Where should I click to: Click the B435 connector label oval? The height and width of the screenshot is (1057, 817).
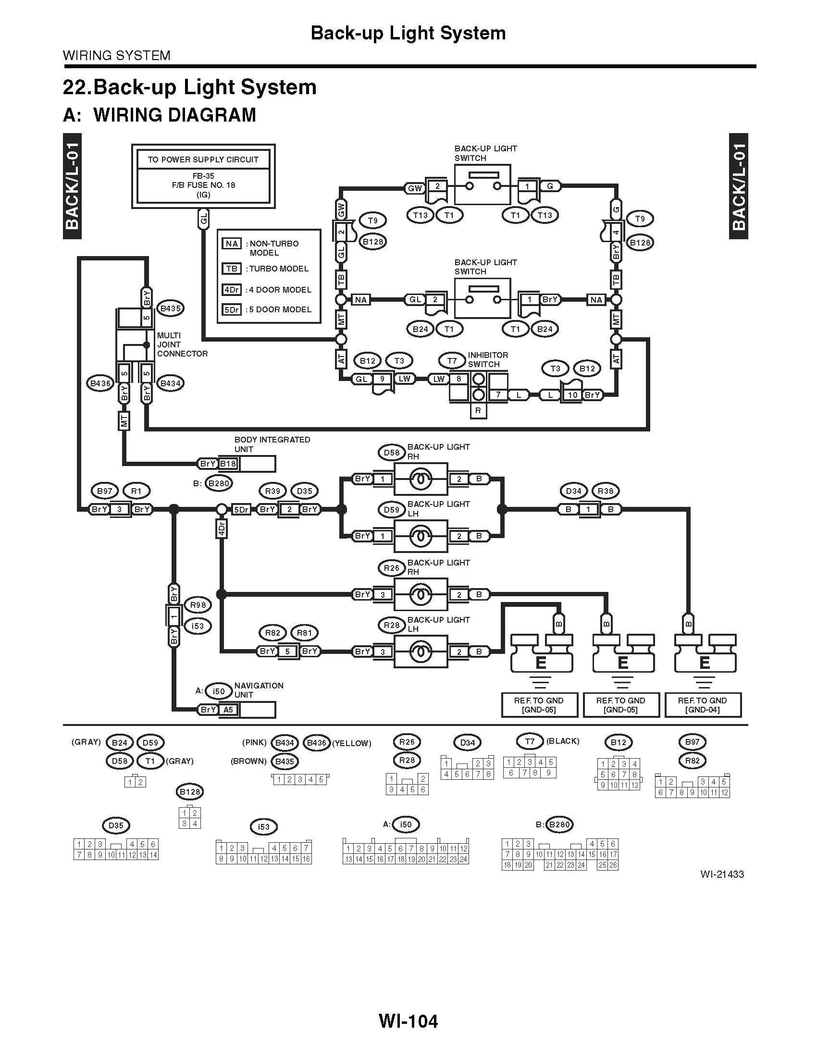pos(170,308)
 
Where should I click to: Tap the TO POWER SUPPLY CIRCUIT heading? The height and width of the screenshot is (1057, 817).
pos(203,160)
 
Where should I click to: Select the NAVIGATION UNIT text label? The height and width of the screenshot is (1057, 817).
pos(259,690)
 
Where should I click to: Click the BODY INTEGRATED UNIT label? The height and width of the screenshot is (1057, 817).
pos(272,444)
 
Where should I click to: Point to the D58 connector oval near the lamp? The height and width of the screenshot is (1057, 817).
pos(391,453)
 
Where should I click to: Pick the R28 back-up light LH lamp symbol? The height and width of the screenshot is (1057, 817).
pos(420,652)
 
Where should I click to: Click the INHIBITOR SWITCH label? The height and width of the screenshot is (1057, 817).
pos(487,359)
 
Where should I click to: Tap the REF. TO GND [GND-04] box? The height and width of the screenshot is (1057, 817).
pos(702,705)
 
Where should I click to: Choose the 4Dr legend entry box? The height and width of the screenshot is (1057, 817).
pos(231,290)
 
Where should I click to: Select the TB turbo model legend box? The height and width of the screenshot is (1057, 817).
pos(231,269)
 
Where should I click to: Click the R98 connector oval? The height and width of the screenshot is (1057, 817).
pos(198,605)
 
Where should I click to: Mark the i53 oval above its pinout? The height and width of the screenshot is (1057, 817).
pos(263,827)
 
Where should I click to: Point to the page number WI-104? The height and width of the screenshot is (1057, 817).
pos(408,1021)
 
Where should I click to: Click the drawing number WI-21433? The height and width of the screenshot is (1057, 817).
pos(721,874)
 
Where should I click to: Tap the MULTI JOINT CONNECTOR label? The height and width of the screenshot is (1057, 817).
pos(182,344)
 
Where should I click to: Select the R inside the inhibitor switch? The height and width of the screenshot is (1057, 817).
pos(478,411)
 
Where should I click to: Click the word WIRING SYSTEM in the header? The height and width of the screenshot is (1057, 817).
pos(117,56)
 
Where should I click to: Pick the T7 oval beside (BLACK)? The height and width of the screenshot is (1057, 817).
pos(530,741)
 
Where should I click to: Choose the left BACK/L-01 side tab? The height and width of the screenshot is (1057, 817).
pos(72,186)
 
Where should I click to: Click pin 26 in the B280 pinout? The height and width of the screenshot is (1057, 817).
pos(613,865)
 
